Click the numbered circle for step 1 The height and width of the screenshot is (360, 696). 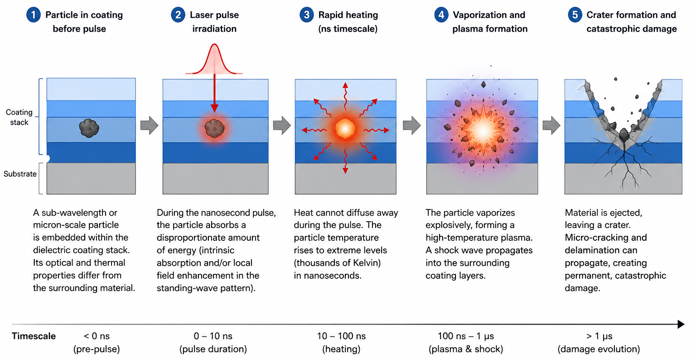34,15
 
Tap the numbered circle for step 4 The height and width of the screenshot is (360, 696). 441,15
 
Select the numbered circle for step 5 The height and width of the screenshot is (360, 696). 575,15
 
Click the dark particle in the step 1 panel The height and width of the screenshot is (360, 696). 89,128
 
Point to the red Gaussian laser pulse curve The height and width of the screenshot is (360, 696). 214,59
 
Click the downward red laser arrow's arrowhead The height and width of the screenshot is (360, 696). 214,108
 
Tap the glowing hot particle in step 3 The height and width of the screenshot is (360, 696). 345,128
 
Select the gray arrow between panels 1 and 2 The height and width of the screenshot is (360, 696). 150,125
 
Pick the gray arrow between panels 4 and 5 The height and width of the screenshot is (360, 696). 551,125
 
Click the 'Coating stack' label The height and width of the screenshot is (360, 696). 19,117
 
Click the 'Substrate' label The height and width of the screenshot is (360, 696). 20,174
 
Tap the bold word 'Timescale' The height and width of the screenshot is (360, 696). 34,336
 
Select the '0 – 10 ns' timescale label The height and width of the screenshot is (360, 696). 213,336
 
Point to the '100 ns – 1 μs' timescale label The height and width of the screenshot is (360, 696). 466,336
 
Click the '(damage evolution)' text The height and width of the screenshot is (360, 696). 599,349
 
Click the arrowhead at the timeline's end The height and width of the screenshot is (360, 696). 681,324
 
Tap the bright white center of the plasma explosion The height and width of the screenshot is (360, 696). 483,131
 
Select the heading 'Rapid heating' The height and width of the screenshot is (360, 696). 348,15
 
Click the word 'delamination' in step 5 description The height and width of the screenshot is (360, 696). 601,250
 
